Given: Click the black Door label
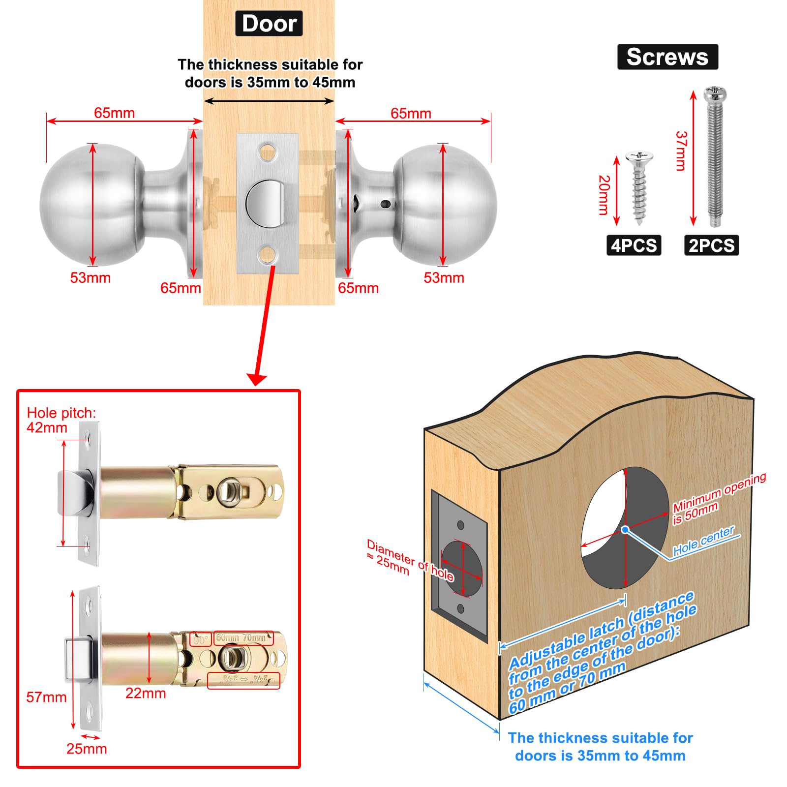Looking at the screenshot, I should pos(269,24).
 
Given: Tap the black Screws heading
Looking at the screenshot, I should pos(667,57).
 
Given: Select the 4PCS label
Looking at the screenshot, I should pos(634,245).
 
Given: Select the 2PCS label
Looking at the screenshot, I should pos(711,245).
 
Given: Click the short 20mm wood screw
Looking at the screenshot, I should pos(639,187).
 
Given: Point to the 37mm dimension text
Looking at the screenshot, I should pos(681,151).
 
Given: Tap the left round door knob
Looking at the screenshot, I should pos(91,204).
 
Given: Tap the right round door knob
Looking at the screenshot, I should pos(445,204).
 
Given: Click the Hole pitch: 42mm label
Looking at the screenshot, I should pos(61,420).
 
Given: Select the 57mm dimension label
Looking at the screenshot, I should pos(46,697).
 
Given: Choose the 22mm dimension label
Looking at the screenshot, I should pos(146,693).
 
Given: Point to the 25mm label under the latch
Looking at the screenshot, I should pos(87,749).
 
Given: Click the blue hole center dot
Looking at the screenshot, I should pos(625,530).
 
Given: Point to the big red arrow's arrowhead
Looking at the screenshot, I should pos(256,379).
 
